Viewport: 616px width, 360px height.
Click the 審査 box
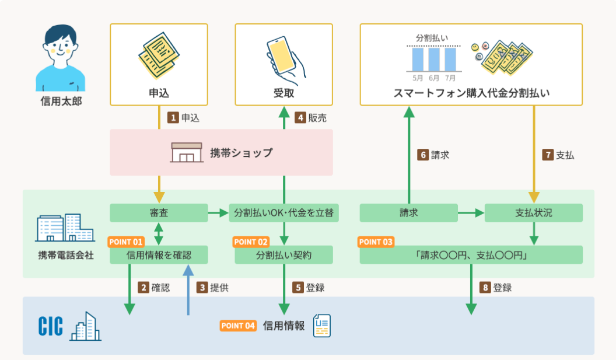(x=159, y=213)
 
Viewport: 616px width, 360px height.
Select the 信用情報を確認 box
(x=159, y=255)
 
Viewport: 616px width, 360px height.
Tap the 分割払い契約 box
(x=283, y=255)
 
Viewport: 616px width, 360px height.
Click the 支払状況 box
(x=533, y=213)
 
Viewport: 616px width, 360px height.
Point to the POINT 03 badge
(x=376, y=242)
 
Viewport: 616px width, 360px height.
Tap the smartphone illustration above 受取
(x=284, y=57)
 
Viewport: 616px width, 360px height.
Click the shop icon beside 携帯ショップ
(x=186, y=152)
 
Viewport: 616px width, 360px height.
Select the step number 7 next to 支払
(x=548, y=155)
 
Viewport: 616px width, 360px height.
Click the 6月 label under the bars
(x=433, y=77)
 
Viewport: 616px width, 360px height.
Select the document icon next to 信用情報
(x=321, y=326)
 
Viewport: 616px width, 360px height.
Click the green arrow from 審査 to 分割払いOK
(x=218, y=213)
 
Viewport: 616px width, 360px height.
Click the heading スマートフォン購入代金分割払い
(x=471, y=93)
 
